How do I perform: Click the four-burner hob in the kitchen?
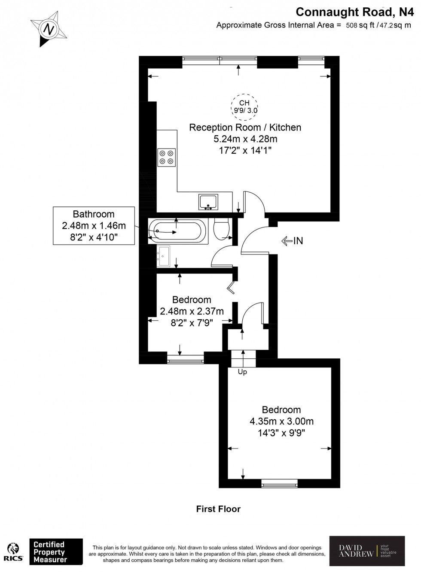pyautogui.click(x=167, y=157)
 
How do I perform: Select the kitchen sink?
pyautogui.click(x=208, y=201)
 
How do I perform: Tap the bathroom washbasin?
pyautogui.click(x=164, y=256)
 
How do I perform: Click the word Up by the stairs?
pyautogui.click(x=242, y=372)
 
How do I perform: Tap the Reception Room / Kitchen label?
pyautogui.click(x=245, y=127)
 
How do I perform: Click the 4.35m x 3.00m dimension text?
pyautogui.click(x=281, y=421)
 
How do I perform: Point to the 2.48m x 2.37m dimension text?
pyautogui.click(x=192, y=311)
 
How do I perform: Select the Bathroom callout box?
pyautogui.click(x=94, y=226)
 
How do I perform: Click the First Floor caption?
pyautogui.click(x=218, y=509)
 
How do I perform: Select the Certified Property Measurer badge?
pyautogui.click(x=55, y=552)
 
